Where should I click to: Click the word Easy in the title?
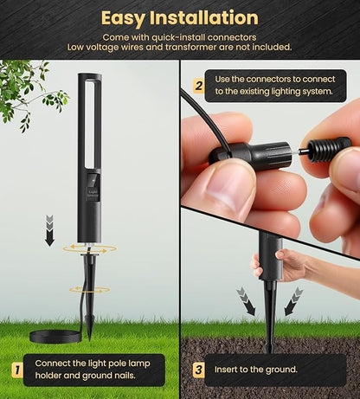123,19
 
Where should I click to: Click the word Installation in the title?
204,18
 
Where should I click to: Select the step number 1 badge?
17,370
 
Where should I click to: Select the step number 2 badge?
198,86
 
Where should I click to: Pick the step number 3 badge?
198,370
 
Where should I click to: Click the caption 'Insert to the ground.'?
255,370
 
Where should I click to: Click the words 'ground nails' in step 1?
109,376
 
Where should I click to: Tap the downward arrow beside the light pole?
50,231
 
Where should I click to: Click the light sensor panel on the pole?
93,187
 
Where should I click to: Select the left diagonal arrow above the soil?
246,301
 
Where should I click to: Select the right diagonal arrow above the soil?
293,301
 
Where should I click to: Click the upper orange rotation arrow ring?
90,248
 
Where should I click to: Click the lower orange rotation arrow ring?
90,289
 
